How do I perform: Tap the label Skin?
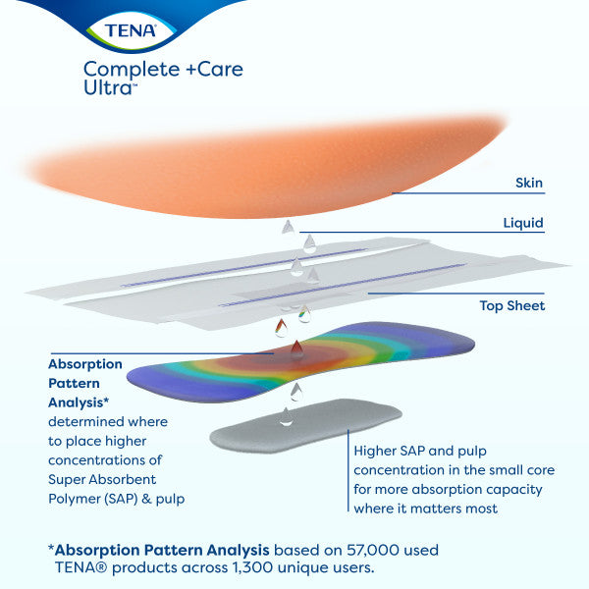pos(529,183)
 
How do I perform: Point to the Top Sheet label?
pos(512,305)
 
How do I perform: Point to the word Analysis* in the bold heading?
pos(78,402)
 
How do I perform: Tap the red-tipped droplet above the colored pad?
pos(283,330)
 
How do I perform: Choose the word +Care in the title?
pos(204,69)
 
